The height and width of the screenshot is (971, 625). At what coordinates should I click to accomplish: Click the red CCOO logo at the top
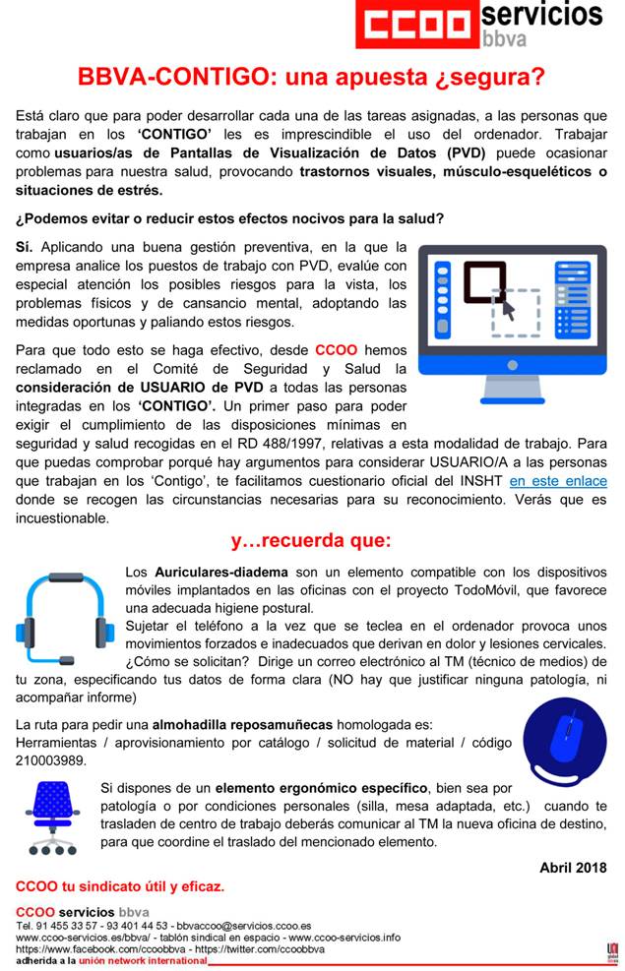click(x=418, y=27)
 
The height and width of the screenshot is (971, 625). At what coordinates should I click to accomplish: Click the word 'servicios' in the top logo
click(x=541, y=14)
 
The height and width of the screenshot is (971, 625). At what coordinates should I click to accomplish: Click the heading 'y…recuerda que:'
click(x=311, y=540)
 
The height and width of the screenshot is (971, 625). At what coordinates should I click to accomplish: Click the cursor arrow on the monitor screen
click(x=508, y=310)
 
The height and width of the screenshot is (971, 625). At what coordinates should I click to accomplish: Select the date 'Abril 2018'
click(x=573, y=867)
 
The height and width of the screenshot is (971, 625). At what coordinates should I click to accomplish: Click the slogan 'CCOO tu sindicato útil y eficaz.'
click(x=120, y=886)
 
